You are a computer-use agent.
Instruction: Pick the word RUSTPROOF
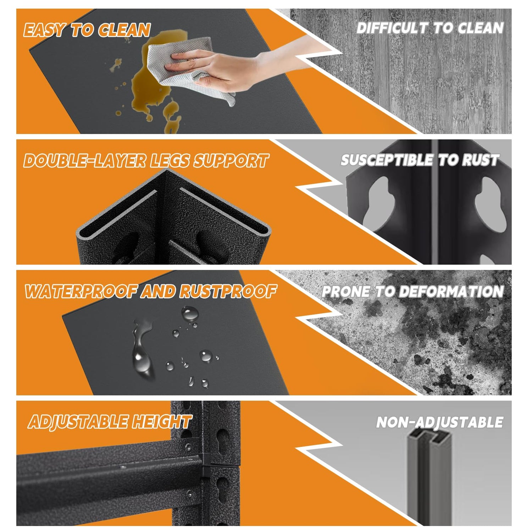coord(228,292)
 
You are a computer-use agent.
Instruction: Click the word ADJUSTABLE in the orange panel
coord(78,422)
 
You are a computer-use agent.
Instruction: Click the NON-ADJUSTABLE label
coord(439,422)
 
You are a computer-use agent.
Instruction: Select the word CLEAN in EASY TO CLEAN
coord(124,30)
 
